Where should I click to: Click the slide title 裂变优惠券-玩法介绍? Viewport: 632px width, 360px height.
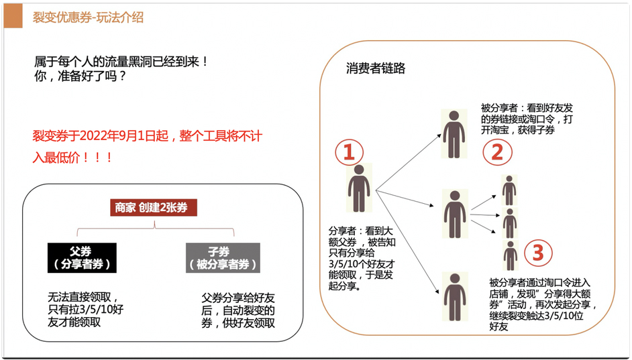pyautogui.click(x=88, y=17)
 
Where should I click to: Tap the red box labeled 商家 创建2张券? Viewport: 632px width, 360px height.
pyautogui.click(x=154, y=207)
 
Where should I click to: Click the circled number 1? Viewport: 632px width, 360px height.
pyautogui.click(x=349, y=152)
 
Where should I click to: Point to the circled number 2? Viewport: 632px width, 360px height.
pyautogui.click(x=496, y=152)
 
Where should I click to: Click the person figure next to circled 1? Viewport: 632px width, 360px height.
pyautogui.click(x=359, y=188)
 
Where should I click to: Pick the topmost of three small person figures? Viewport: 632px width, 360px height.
pyautogui.click(x=510, y=190)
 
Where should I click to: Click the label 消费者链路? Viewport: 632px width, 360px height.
pyautogui.click(x=376, y=68)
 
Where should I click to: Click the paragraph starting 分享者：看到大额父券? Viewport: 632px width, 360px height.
pyautogui.click(x=363, y=257)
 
